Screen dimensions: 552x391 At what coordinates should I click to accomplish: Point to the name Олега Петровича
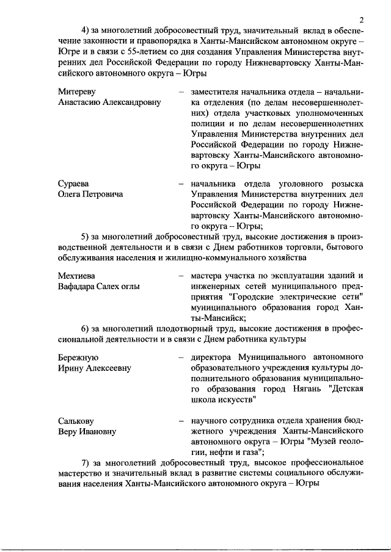[x=90, y=195]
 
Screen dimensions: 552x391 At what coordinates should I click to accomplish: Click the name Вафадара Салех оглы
[x=99, y=287]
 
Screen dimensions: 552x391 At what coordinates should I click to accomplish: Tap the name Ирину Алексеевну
[x=95, y=368]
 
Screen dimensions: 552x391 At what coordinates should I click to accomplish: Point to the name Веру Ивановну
[x=87, y=431]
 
